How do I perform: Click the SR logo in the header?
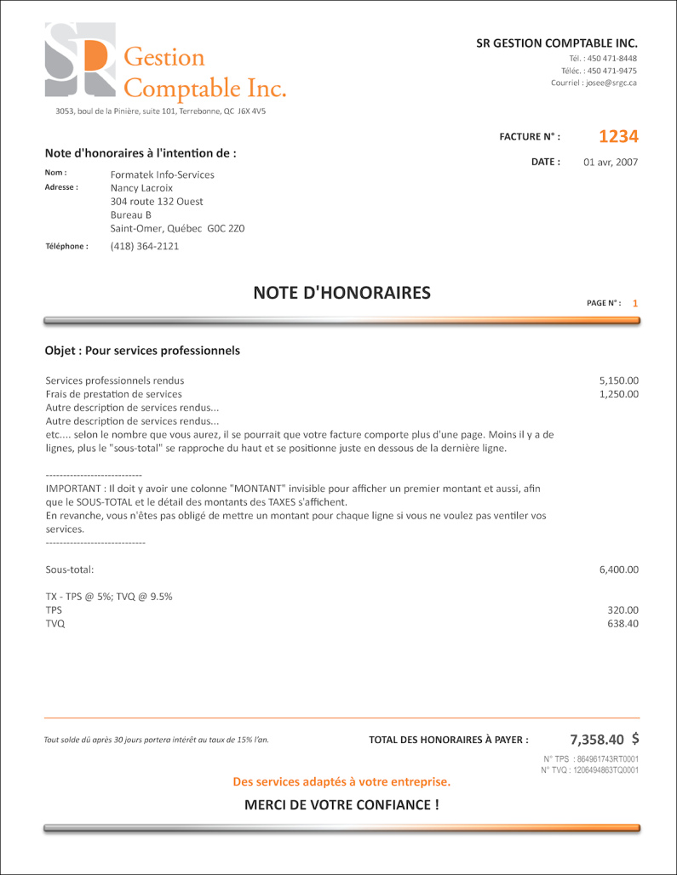79,60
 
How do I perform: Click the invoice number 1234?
618,137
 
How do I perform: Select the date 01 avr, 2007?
611,163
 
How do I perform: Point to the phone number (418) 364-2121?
145,246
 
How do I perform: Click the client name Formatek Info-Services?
163,174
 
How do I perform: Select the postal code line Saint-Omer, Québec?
177,229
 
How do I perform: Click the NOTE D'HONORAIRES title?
341,294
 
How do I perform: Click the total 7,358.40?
597,740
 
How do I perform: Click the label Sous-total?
70,569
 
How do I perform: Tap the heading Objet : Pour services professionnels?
142,351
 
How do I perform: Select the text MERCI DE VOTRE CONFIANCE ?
341,804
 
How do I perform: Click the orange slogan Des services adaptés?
341,781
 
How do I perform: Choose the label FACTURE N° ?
530,137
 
